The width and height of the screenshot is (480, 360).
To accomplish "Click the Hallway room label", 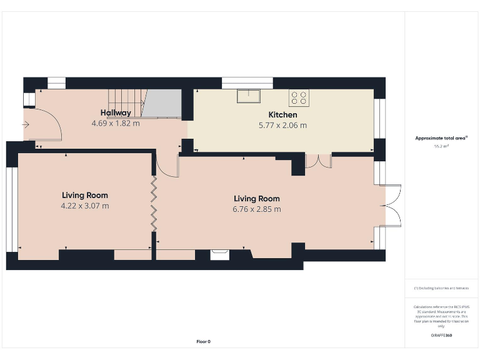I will [x=116, y=113].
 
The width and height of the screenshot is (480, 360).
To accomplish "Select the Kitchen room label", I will [x=282, y=115].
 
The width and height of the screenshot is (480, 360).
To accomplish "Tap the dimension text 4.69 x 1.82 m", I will [x=116, y=124].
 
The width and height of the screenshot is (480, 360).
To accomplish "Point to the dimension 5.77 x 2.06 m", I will [x=282, y=125].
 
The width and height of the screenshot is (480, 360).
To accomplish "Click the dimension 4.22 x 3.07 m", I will [x=84, y=206].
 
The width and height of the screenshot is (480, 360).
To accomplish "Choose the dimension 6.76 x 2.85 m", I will [x=256, y=209].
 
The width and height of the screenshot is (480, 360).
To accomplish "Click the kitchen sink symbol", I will [x=249, y=96].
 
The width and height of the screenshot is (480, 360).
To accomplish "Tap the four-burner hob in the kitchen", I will [x=298, y=97].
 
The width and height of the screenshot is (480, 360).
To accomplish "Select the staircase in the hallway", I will [x=128, y=102].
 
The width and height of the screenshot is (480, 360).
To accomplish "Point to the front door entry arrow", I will [x=26, y=124].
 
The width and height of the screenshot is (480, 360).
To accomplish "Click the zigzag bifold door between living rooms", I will [x=154, y=204].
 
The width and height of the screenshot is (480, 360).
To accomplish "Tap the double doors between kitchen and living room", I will [x=318, y=160].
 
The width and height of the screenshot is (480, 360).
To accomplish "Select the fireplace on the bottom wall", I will [x=219, y=254].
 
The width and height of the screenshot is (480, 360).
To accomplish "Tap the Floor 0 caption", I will [x=203, y=341].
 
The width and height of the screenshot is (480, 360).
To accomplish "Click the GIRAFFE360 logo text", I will [x=441, y=336].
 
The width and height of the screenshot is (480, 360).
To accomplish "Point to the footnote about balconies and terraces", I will [x=441, y=288].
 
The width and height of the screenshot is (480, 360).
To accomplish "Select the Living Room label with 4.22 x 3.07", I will [x=84, y=196].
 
